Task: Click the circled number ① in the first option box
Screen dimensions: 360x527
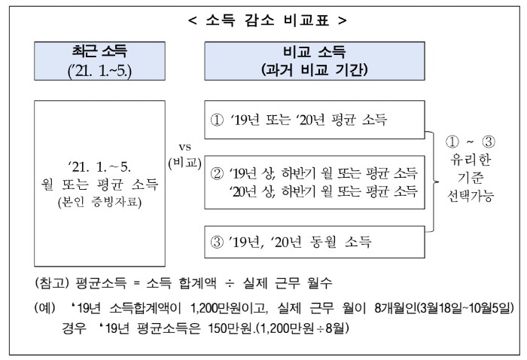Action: pos(217,120)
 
